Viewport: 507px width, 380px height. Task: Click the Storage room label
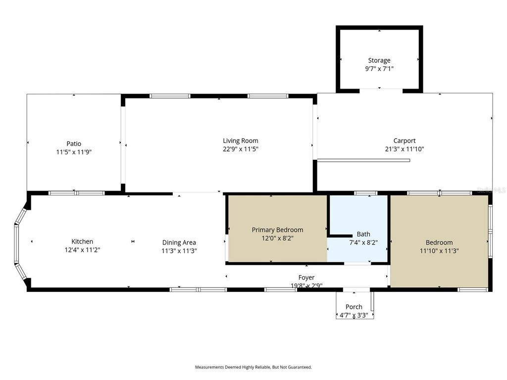(379, 60)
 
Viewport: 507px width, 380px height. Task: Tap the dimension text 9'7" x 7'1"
(379, 69)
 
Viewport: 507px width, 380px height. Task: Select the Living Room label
(240, 141)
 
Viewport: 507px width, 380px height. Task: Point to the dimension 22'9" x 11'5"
(240, 149)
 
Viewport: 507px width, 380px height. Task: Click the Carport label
(405, 141)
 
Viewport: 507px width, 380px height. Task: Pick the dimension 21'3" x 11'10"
(405, 149)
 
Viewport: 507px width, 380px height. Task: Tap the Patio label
(74, 144)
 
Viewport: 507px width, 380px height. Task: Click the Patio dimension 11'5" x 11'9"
(74, 152)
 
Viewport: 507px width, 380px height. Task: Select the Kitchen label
(82, 241)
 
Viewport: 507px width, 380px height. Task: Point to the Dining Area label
(179, 242)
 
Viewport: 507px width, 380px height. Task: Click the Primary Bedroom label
(277, 230)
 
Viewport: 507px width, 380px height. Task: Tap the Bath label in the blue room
(363, 234)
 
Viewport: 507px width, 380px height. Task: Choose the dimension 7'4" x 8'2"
(363, 243)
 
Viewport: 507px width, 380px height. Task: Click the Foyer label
(306, 278)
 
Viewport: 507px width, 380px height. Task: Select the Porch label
(354, 307)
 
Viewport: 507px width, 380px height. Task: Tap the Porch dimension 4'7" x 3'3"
(354, 315)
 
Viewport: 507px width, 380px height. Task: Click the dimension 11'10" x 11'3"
(439, 251)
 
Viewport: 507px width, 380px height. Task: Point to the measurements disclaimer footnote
(253, 367)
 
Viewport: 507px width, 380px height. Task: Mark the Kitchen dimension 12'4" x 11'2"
(82, 250)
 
